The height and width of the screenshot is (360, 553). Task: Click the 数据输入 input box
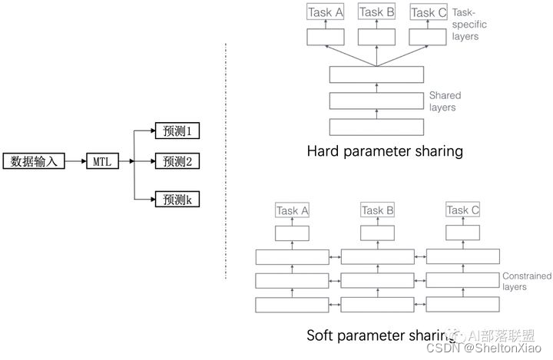point(33,161)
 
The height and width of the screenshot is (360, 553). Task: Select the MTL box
point(102,161)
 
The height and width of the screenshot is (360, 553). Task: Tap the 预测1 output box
point(177,130)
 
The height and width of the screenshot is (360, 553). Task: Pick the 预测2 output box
point(177,161)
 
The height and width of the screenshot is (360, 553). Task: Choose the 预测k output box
point(177,200)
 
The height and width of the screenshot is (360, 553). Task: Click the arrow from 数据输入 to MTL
point(74,161)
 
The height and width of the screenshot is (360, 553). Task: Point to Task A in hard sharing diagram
point(325,12)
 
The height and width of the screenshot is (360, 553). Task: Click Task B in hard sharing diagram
point(376,12)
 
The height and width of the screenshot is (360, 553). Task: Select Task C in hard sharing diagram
point(428,12)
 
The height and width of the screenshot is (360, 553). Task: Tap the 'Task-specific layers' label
point(471,25)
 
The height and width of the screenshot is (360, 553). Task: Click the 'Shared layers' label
point(445,101)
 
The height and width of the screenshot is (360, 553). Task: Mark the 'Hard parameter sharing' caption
point(384,151)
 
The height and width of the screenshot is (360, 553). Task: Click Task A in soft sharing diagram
point(292,210)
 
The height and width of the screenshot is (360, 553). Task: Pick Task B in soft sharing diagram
point(377,210)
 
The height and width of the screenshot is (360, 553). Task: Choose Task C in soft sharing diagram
point(462,210)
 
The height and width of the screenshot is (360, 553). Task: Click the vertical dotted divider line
point(225,161)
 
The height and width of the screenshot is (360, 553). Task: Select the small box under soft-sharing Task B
point(377,233)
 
